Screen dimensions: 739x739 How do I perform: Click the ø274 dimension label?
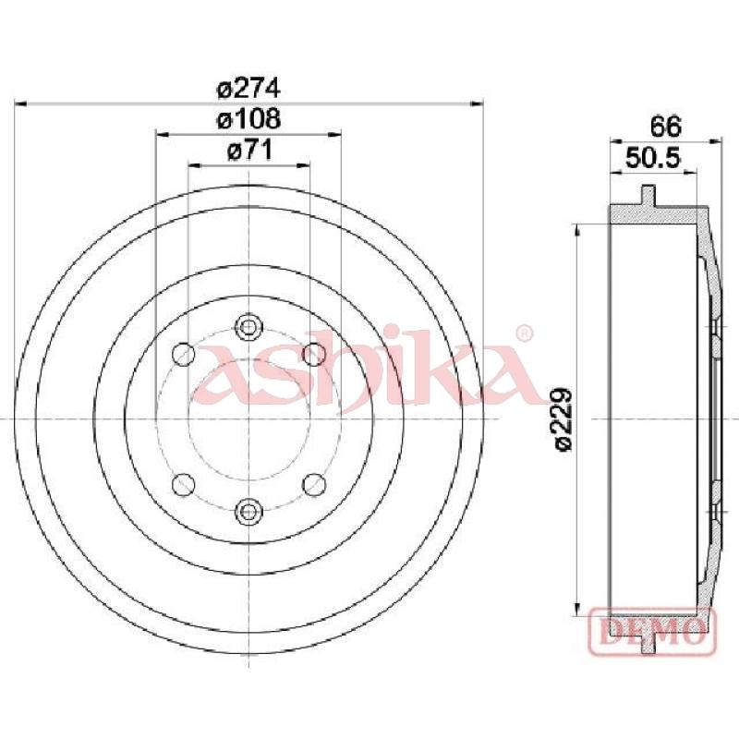[248, 89]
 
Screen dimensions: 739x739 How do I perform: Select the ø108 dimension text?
[248, 119]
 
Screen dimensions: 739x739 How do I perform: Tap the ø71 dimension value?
[248, 151]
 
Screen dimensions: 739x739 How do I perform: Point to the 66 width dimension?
[665, 125]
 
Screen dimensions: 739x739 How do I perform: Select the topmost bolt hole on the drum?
[248, 326]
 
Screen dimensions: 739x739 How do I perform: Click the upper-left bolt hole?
[183, 353]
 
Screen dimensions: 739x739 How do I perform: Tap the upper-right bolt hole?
[313, 353]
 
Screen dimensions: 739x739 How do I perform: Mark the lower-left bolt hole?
[183, 482]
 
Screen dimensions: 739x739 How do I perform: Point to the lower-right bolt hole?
[313, 482]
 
